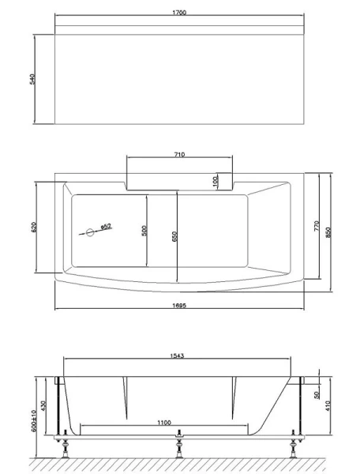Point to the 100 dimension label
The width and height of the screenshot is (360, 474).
(x=215, y=181)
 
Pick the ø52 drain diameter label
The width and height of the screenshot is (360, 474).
(x=105, y=226)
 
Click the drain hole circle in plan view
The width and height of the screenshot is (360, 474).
(x=89, y=232)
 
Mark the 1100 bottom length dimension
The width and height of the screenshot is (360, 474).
(x=164, y=423)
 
